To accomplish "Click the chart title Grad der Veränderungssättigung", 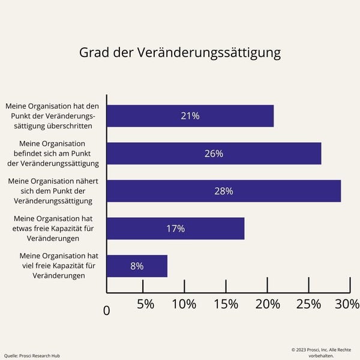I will pos(180,53).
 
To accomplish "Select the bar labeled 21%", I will pos(190,116).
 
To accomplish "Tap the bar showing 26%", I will pos(214,154).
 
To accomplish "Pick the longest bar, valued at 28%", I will pos(223,191).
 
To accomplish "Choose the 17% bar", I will pos(175,229).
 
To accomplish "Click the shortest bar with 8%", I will pos(137,266).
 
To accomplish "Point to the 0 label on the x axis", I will pos(107,311).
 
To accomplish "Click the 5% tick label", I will pos(146,304).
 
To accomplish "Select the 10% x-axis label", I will pos(184,304).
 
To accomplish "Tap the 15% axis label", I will pos(226,304).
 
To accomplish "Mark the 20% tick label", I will pos(268,304).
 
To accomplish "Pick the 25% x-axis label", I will pos(308,304).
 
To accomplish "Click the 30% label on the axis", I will pos(347,304).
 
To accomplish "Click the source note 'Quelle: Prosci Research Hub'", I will pos(32,356).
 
